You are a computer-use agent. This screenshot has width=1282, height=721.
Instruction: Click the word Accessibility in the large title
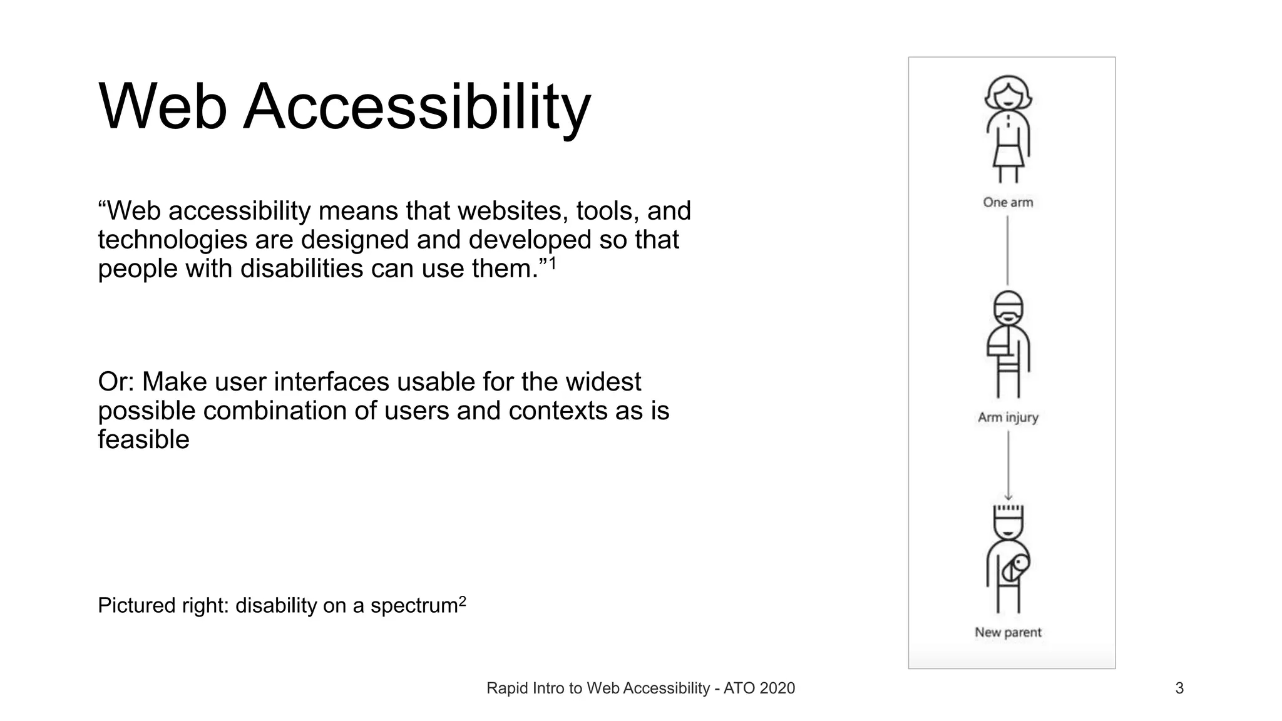416,108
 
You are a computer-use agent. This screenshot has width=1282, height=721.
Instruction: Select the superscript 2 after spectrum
463,601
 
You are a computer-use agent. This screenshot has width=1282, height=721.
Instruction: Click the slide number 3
1179,688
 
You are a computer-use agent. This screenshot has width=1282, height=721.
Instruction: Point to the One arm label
1008,202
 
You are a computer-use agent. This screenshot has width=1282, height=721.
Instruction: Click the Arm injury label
1008,417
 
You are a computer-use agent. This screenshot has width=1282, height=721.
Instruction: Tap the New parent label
1008,632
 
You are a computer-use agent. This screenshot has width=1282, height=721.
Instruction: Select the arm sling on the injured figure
1000,344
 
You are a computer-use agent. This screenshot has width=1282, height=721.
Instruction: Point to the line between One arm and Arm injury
1007,250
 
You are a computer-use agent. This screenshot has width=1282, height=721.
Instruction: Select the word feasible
143,439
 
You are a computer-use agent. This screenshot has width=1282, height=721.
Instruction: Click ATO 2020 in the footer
759,688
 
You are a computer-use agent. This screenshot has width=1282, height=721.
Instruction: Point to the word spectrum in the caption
414,606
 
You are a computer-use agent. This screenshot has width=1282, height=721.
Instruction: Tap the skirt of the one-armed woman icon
1008,155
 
